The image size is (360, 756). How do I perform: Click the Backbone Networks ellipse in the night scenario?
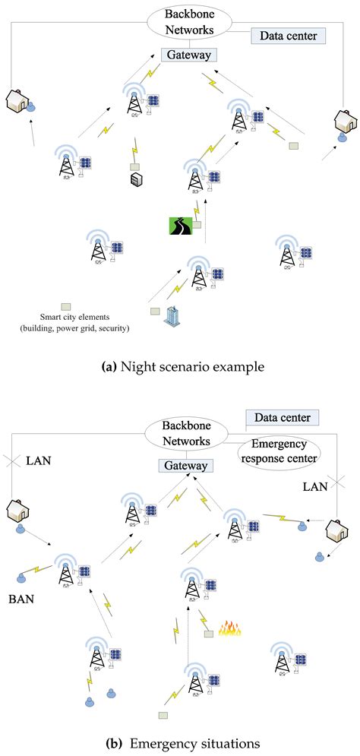tap(188, 22)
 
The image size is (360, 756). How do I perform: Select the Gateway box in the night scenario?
tap(189, 55)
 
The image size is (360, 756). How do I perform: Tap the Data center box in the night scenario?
tap(288, 35)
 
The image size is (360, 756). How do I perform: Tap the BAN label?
tap(21, 598)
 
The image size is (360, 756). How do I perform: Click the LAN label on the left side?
tap(38, 460)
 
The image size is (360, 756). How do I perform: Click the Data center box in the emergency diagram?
tap(283, 417)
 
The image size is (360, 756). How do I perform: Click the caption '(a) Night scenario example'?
tap(182, 367)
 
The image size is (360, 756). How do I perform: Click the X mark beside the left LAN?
tap(10, 460)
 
